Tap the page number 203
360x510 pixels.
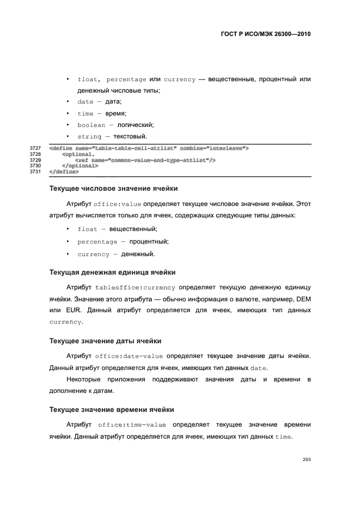tap(306, 460)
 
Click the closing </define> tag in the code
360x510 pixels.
tap(64, 172)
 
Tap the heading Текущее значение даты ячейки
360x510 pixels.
tap(105, 341)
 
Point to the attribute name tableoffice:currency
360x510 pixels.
tap(135, 287)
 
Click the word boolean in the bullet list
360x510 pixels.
tap(91, 125)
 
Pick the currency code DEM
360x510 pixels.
tap(302, 299)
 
